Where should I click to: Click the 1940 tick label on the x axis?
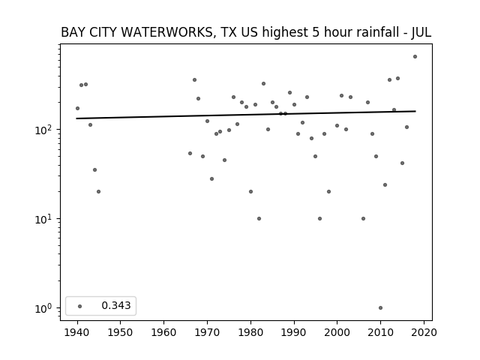(x=76, y=332)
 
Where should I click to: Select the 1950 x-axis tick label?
(x=120, y=332)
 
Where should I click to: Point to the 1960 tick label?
(x=163, y=332)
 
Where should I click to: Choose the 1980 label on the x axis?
(x=250, y=332)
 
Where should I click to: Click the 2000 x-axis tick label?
(x=337, y=332)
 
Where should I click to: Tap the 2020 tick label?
(x=424, y=332)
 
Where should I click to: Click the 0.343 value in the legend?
(x=116, y=305)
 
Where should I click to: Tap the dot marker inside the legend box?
(x=80, y=306)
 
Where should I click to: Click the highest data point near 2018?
(x=415, y=57)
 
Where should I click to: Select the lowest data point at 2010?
(x=380, y=308)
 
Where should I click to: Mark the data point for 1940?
(x=77, y=108)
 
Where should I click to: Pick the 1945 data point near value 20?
(x=98, y=192)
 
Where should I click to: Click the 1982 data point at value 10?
(x=259, y=218)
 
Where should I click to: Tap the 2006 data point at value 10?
(x=363, y=218)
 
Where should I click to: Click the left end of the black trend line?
(x=76, y=118)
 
